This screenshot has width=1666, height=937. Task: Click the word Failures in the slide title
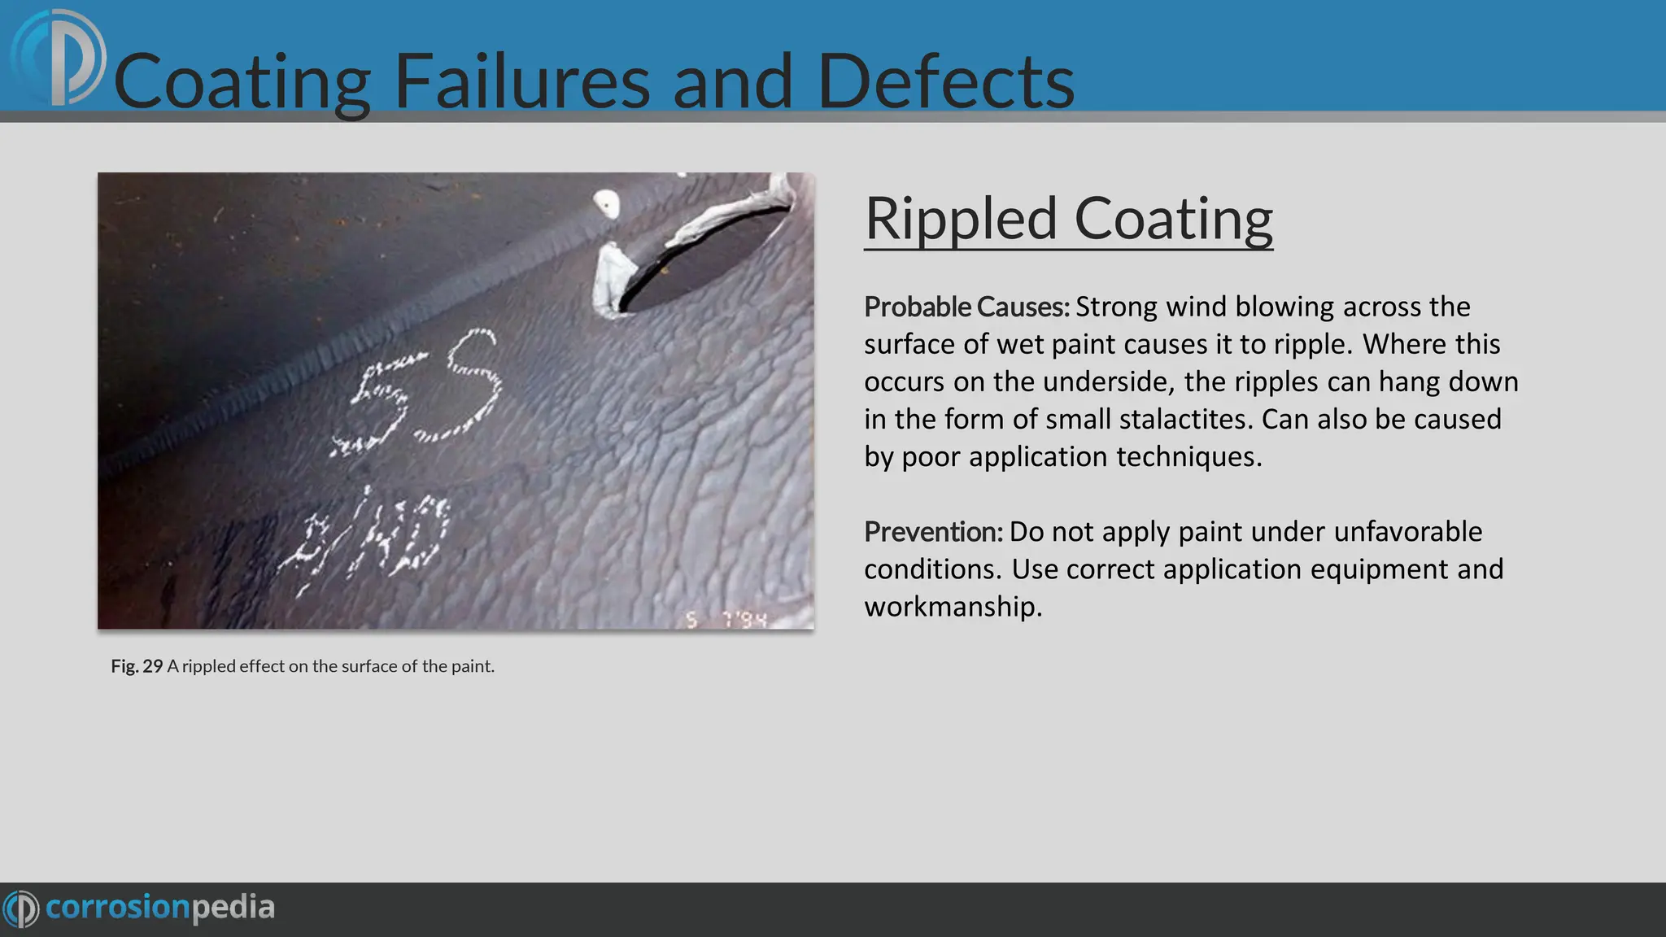point(521,81)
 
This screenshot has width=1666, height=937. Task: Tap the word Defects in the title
point(945,81)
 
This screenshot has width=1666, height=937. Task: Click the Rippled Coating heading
point(1068,219)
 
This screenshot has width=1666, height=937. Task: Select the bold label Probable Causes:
point(966,307)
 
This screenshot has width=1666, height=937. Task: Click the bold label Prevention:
point(933,532)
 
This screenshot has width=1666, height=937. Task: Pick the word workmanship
point(952,607)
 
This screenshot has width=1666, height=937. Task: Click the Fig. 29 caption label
point(137,666)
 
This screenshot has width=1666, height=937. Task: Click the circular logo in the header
point(59,59)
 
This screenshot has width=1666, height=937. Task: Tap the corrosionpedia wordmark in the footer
point(159,908)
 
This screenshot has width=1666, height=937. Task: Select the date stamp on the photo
point(726,620)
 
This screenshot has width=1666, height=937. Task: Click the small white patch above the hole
point(606,203)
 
